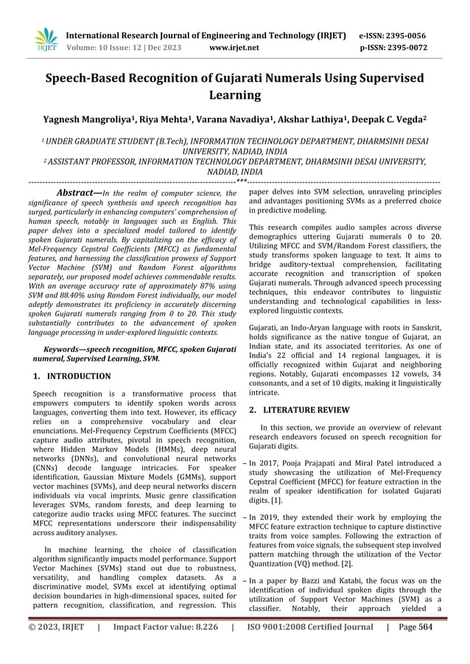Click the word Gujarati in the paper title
coord(265,78)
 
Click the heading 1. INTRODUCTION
coord(72,376)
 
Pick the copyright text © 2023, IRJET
coord(58,649)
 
